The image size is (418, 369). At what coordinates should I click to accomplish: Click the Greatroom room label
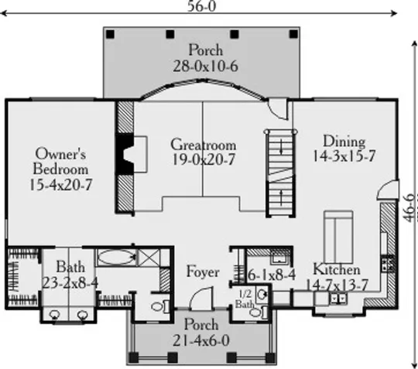pyautogui.click(x=203, y=145)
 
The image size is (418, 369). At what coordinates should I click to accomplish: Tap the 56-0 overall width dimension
pyautogui.click(x=201, y=6)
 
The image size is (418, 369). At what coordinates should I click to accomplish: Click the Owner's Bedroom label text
pyautogui.click(x=60, y=161)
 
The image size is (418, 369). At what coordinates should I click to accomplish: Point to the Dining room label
pyautogui.click(x=344, y=142)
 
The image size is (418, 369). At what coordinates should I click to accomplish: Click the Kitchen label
pyautogui.click(x=337, y=269)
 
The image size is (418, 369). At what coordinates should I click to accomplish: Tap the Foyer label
pyautogui.click(x=203, y=272)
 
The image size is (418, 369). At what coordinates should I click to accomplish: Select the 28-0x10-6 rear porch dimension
pyautogui.click(x=205, y=66)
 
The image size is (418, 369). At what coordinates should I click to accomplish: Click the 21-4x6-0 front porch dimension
pyautogui.click(x=201, y=340)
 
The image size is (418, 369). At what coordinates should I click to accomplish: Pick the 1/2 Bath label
pyautogui.click(x=245, y=299)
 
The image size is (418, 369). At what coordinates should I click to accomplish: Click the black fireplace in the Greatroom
pyautogui.click(x=125, y=154)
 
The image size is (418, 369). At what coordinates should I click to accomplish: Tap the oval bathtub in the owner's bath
pyautogui.click(x=116, y=257)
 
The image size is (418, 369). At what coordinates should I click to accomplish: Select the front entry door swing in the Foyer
pyautogui.click(x=201, y=298)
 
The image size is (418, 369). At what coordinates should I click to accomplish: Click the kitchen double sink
pyautogui.click(x=338, y=299)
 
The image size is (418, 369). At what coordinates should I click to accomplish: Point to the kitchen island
pyautogui.click(x=338, y=237)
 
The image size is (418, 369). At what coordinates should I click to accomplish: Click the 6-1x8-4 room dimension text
pyautogui.click(x=272, y=275)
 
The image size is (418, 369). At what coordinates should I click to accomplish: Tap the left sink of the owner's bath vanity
pyautogui.click(x=55, y=315)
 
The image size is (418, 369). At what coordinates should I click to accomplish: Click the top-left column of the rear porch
pyautogui.click(x=110, y=34)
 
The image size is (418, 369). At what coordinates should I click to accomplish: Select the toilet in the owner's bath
pyautogui.click(x=160, y=306)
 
